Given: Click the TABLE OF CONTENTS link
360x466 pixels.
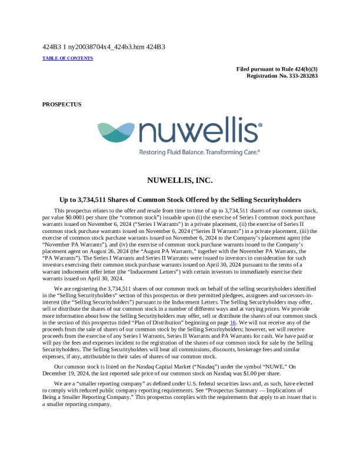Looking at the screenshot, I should (68, 58).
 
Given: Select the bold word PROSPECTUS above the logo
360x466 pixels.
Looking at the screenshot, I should (62, 104).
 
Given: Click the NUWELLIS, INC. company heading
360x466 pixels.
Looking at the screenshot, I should (180, 180).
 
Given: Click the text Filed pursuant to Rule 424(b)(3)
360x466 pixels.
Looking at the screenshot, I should (277, 69).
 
